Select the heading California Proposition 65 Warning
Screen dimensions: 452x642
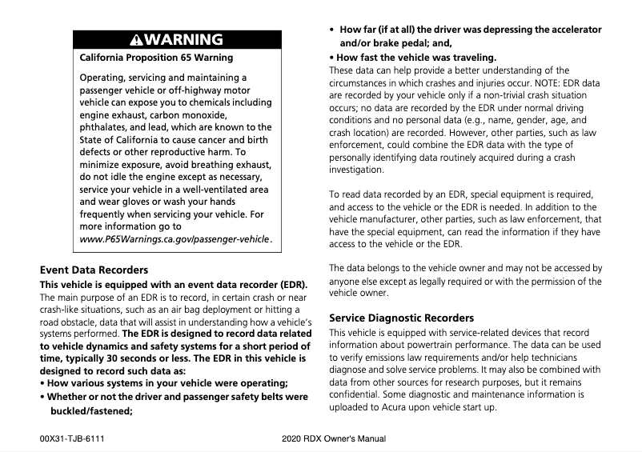point(157,58)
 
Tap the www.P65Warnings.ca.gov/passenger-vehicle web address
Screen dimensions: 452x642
point(175,239)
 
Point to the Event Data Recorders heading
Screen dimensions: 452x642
point(94,270)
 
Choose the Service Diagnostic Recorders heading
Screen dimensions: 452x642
point(402,318)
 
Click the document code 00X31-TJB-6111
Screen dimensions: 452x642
point(72,439)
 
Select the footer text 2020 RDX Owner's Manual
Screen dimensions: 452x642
point(334,439)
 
